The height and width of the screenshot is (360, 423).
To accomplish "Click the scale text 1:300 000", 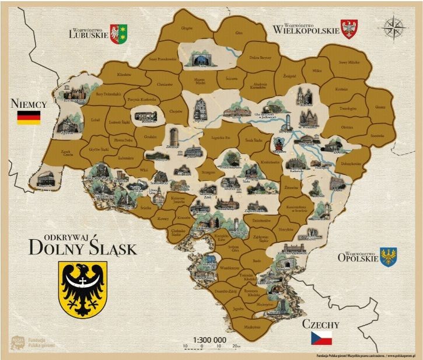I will pyautogui.click(x=209, y=339).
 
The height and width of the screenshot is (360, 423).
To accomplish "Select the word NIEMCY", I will pyautogui.click(x=29, y=104).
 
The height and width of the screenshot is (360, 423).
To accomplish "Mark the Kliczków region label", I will pyautogui.click(x=124, y=75).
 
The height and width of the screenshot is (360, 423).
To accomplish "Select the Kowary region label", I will pyautogui.click(x=163, y=219).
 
